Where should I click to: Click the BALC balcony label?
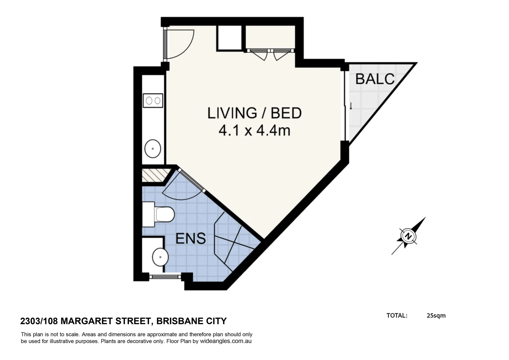point(375,79)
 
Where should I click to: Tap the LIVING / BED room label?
point(254,113)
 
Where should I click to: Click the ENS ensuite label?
point(190,239)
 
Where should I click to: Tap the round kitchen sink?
point(153,148)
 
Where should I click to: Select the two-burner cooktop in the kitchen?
point(153,100)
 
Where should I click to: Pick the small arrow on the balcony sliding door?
point(351,106)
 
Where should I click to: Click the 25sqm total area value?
point(436,315)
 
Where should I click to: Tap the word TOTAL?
point(397,315)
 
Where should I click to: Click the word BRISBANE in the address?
point(176,321)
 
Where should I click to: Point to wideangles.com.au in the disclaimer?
point(226,341)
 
